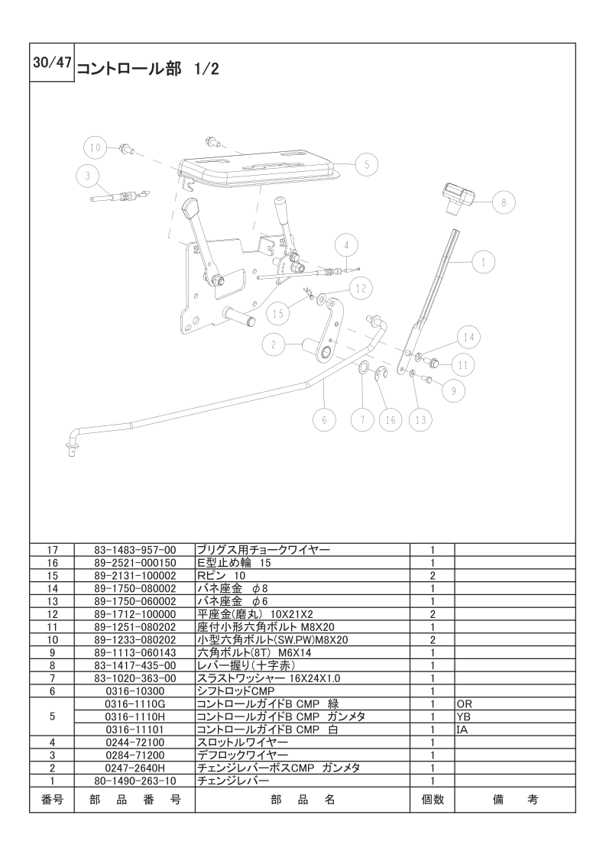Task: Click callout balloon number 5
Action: coord(366,163)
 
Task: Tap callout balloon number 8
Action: coord(503,202)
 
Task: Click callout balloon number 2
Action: coord(273,344)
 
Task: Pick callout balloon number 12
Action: coord(362,289)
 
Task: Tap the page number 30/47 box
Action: coord(52,64)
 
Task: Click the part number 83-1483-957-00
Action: coord(134,549)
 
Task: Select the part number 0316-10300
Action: coord(134,690)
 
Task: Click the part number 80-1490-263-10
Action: coord(134,781)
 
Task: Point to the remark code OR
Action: coord(465,703)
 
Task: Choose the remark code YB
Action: coord(464,716)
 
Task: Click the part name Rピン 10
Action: coord(222,574)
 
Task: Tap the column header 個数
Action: coord(433,800)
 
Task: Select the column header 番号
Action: coord(52,800)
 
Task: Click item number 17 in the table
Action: coord(52,549)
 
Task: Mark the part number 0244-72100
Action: coord(134,742)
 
